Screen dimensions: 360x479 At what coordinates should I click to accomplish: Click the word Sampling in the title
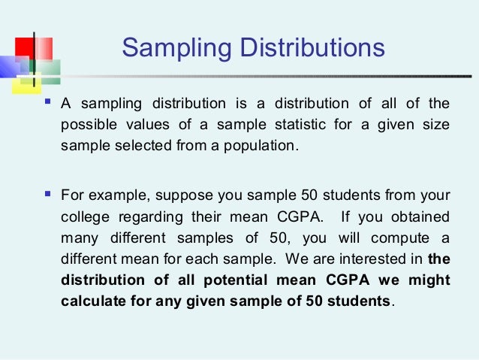tap(170, 50)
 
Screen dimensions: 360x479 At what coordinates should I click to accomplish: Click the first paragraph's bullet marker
tap(49, 101)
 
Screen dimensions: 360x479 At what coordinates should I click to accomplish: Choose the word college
tap(83, 217)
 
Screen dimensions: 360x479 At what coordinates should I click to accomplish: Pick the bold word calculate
tap(89, 301)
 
